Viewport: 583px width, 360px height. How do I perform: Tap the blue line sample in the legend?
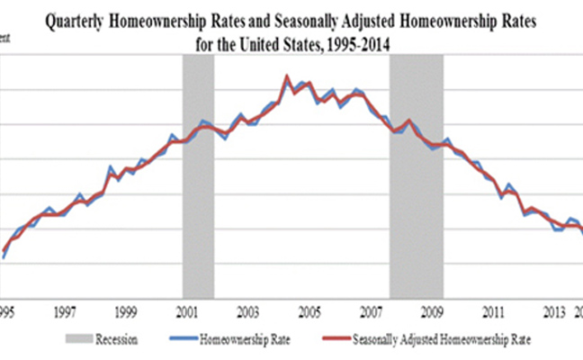tap(184, 339)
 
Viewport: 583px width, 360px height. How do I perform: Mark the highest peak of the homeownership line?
tap(286, 76)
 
